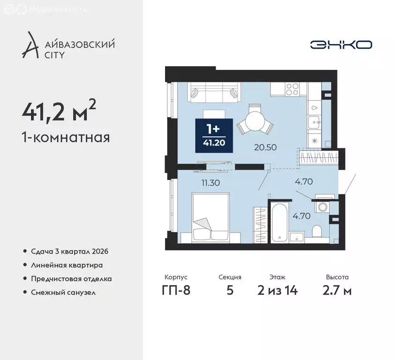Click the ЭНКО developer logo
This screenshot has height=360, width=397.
[x=341, y=45]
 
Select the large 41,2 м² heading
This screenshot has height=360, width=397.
[x=59, y=112]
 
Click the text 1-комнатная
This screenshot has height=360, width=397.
[x=66, y=137]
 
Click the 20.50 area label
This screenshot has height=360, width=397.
[x=265, y=147]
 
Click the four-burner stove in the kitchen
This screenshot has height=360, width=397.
[x=293, y=89]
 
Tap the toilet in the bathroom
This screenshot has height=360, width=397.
[x=317, y=232]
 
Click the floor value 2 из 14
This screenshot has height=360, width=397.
[x=277, y=290]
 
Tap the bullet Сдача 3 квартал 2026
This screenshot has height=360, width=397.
[x=69, y=251]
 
